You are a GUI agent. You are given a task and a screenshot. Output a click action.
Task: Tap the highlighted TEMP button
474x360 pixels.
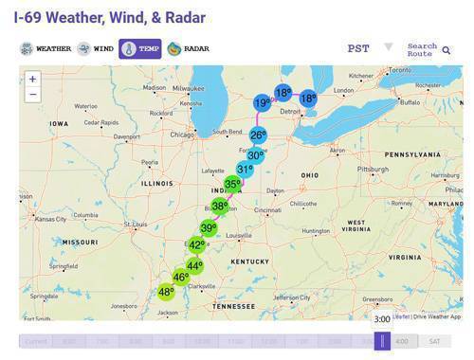(x=139, y=48)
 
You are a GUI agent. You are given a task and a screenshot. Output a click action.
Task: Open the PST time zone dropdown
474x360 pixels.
(x=370, y=48)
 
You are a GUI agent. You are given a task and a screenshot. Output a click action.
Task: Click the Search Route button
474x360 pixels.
(x=428, y=48)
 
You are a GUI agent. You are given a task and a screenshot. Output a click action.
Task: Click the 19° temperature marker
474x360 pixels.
(x=262, y=102)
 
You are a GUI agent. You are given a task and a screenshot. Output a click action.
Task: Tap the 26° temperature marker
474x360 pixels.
(x=258, y=135)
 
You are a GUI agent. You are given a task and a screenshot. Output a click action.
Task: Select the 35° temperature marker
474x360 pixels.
(x=232, y=185)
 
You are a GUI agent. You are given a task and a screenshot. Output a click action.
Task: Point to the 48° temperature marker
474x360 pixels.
(x=166, y=292)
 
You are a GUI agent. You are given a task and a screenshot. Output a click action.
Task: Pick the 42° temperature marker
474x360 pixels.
(x=196, y=244)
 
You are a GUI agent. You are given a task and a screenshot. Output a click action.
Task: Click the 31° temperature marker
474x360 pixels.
(x=245, y=170)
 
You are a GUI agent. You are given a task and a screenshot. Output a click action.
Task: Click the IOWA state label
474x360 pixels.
(x=59, y=123)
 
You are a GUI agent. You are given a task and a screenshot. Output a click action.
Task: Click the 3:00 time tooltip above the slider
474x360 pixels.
(x=382, y=319)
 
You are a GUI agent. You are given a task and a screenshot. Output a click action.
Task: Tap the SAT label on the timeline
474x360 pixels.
(x=434, y=341)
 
